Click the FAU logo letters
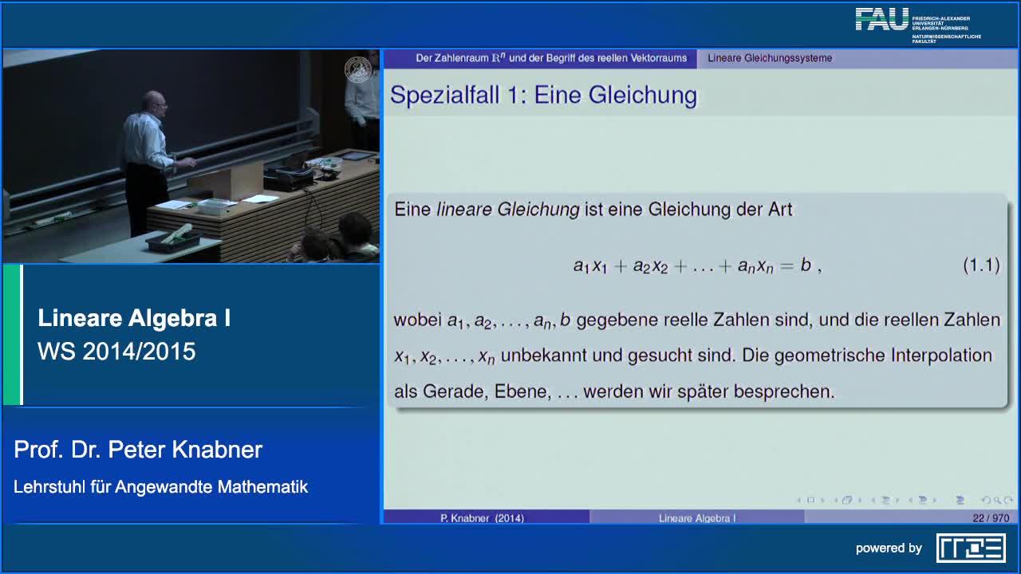882,19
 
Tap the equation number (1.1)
981,265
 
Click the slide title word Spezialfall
445,95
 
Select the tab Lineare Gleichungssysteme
770,58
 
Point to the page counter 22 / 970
991,518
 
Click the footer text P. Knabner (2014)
482,518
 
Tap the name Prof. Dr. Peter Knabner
138,450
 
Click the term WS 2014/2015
116,352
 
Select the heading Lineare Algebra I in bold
134,317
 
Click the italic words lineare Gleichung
508,210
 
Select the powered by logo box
972,548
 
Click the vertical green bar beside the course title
12,335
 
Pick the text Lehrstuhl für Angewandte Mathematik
161,487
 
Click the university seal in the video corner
358,69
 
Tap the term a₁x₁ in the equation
590,266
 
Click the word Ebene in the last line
522,391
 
